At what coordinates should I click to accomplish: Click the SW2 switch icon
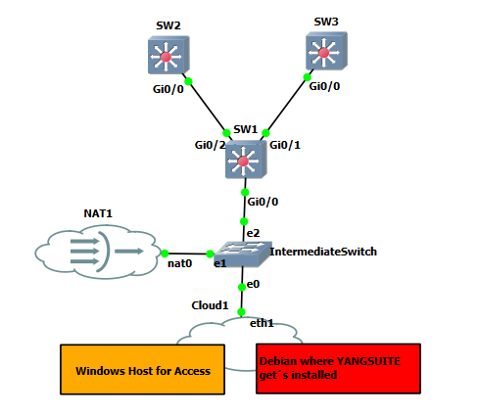(168, 55)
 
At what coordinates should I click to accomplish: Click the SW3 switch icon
(326, 51)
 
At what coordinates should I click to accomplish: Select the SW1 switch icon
(246, 160)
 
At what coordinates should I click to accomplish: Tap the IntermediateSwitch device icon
(243, 254)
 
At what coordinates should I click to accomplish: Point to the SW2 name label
(168, 25)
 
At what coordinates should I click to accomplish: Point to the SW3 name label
(326, 22)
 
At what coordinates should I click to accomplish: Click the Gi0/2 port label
(210, 145)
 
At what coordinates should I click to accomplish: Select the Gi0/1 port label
(285, 145)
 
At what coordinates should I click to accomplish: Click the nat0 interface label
(179, 263)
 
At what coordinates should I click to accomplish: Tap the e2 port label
(253, 233)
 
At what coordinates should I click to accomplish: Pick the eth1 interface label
(262, 323)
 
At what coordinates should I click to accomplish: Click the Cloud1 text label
(210, 305)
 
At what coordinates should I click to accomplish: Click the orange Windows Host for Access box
(142, 369)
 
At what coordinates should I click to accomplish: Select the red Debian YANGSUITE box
(338, 368)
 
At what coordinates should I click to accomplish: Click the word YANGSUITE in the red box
(368, 361)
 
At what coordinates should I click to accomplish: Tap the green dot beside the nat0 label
(165, 254)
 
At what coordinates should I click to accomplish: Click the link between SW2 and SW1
(208, 107)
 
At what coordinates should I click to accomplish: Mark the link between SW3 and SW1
(286, 105)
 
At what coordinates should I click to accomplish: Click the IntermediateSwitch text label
(323, 252)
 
